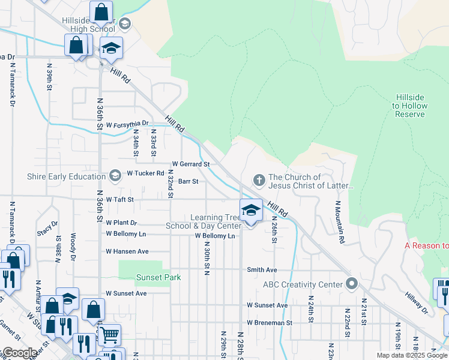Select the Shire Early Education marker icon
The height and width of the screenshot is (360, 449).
pyautogui.click(x=115, y=176)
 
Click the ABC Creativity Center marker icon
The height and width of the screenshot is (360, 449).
pyautogui.click(x=352, y=284)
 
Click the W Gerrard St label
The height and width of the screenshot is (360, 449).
pyautogui.click(x=190, y=164)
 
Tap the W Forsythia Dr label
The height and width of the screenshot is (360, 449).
pyautogui.click(x=127, y=124)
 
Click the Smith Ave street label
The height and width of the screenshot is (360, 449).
pyautogui.click(x=262, y=270)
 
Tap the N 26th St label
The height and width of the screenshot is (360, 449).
pyautogui.click(x=274, y=230)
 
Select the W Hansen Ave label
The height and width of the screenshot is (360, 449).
pyautogui.click(x=127, y=251)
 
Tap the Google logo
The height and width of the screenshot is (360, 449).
pyautogui.click(x=19, y=353)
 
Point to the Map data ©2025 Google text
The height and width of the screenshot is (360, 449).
pyautogui.click(x=412, y=355)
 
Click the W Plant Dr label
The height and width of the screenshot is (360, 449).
pyautogui.click(x=122, y=223)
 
